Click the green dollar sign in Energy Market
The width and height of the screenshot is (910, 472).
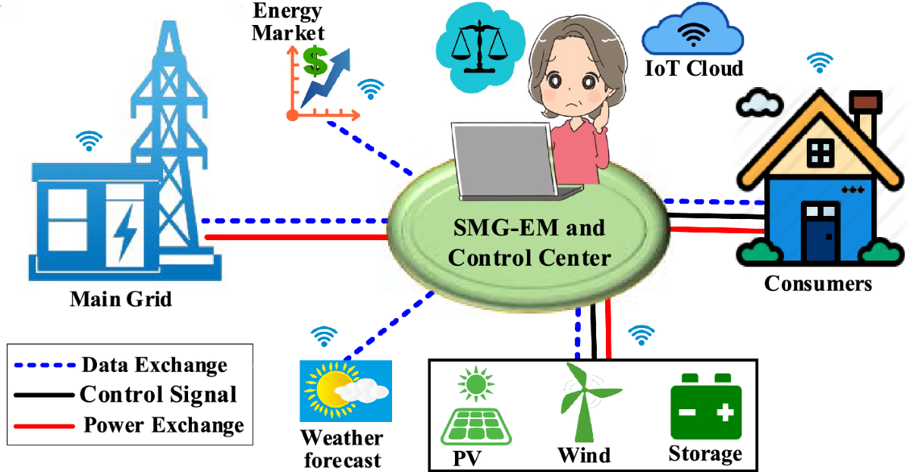[x=315, y=61]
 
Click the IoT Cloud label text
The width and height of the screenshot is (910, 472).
[x=693, y=68]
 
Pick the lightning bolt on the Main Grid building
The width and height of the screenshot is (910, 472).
[x=122, y=228]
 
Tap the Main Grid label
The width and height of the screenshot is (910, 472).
[x=121, y=299]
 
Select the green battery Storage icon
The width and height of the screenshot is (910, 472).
[x=704, y=410]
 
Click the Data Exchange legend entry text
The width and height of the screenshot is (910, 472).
[x=154, y=364]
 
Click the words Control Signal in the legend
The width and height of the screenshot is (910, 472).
[x=158, y=394]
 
